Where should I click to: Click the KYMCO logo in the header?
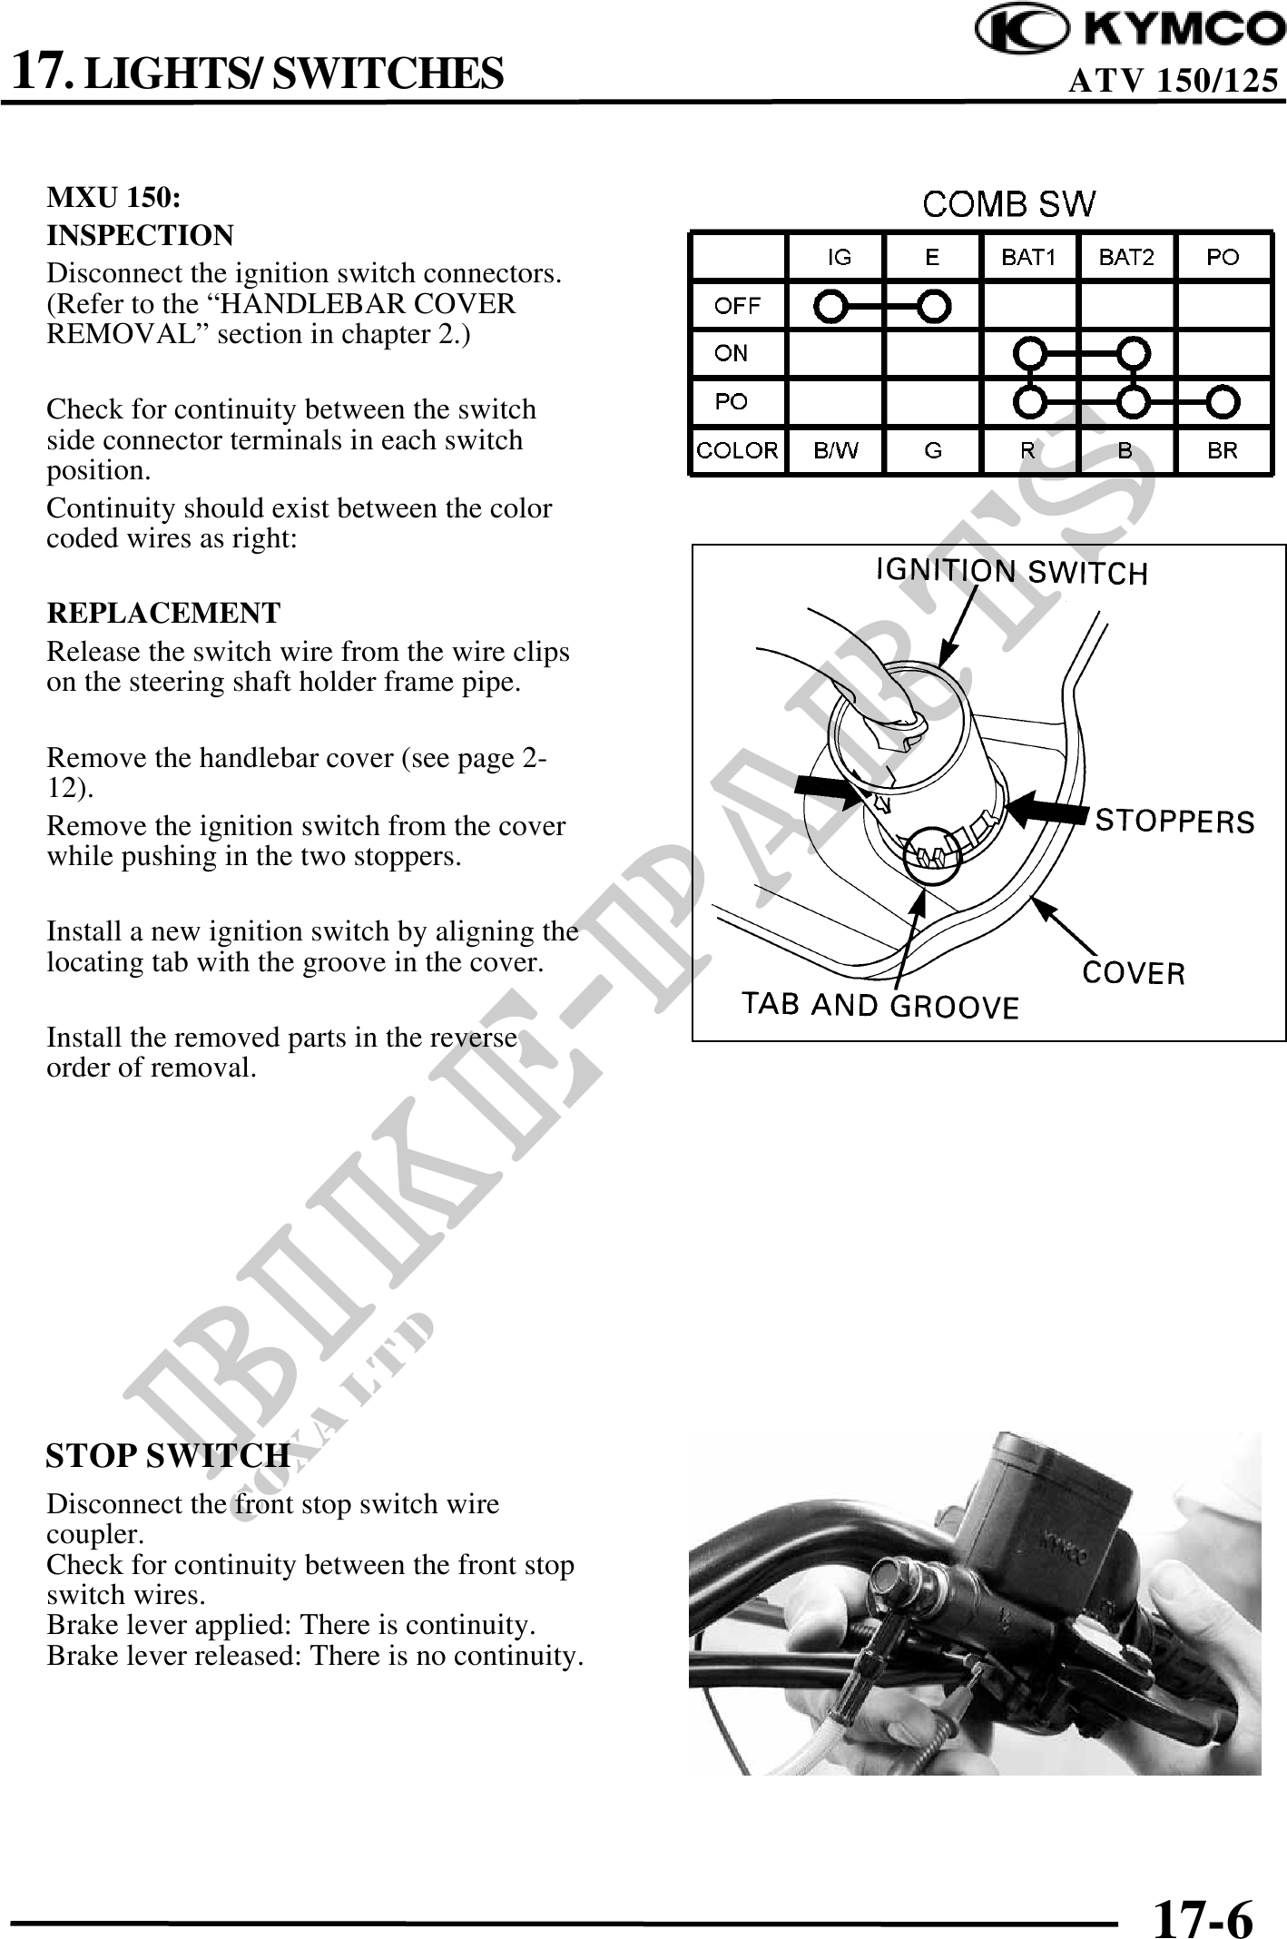(1130, 30)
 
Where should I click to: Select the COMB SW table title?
(1008, 204)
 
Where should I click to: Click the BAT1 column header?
(1028, 258)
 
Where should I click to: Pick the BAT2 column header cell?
(1125, 258)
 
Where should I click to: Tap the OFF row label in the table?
(737, 306)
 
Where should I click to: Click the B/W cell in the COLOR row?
(835, 450)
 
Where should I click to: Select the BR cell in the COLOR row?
(1223, 450)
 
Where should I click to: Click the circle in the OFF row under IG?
(830, 306)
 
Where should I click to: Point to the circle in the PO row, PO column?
(1223, 401)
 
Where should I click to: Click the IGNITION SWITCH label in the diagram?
(1011, 572)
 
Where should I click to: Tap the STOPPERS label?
(1174, 822)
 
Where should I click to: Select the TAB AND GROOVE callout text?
(880, 1005)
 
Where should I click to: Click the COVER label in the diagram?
(1134, 973)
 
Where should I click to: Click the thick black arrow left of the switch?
(826, 792)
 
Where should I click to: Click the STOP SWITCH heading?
(168, 1455)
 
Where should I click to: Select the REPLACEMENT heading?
(163, 613)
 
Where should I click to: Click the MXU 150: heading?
(113, 197)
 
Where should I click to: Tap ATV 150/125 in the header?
(1173, 82)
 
